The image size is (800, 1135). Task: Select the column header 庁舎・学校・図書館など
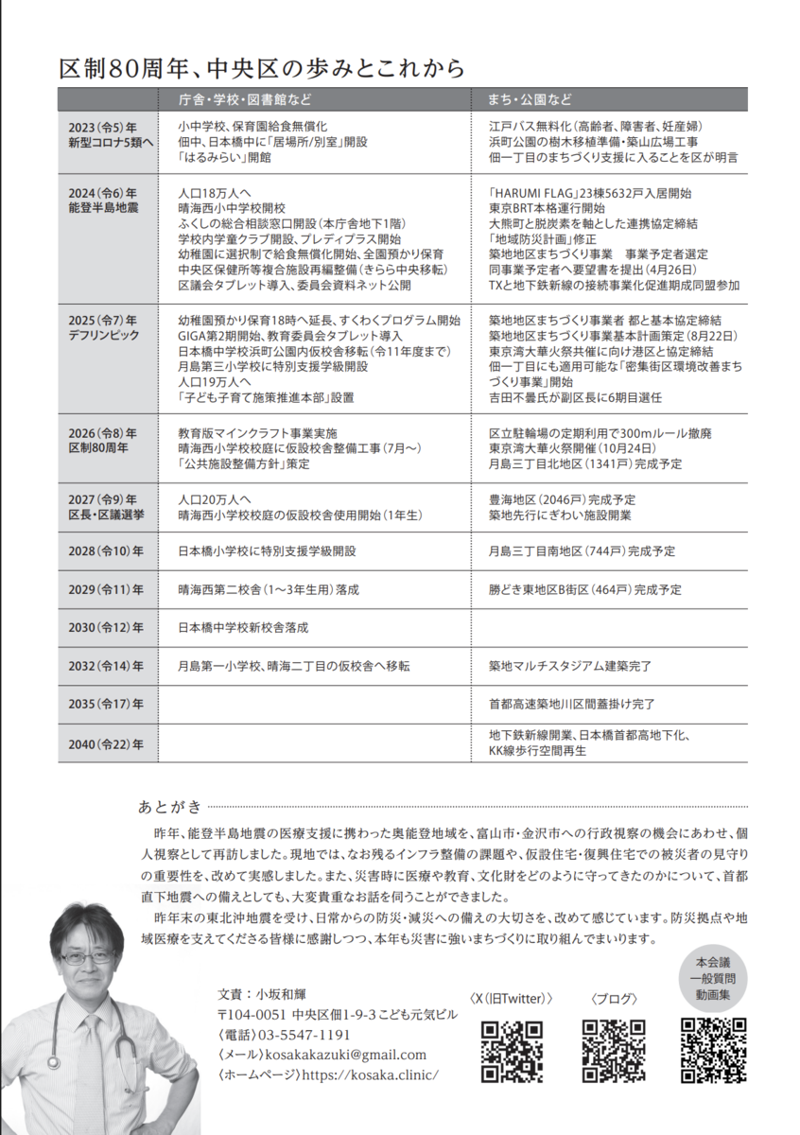click(245, 99)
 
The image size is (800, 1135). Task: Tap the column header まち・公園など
click(530, 99)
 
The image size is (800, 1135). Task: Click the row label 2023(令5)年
click(102, 126)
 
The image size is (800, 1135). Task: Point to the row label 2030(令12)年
click(106, 627)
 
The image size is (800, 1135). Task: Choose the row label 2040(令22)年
click(106, 744)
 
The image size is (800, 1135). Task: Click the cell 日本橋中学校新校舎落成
click(244, 627)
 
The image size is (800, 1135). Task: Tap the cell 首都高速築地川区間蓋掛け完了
click(571, 704)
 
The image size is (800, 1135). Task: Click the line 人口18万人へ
click(211, 192)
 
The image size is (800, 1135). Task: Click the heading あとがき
click(169, 807)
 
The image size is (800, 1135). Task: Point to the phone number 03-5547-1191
click(304, 1035)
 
